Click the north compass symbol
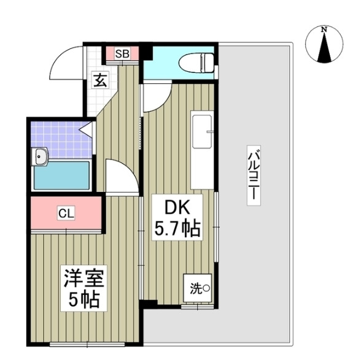pyautogui.click(x=325, y=46)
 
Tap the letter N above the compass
pyautogui.click(x=325, y=29)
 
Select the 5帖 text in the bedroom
pyautogui.click(x=84, y=301)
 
